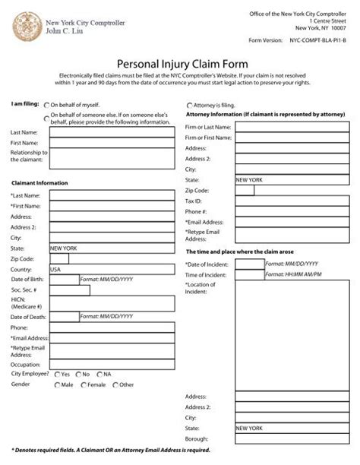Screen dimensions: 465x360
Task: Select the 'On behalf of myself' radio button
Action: [48, 106]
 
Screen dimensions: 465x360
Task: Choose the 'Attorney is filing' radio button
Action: [189, 105]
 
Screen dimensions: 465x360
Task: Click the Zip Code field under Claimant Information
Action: [58, 258]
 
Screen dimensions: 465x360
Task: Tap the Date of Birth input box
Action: [64, 280]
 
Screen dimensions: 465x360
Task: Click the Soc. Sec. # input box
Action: [64, 290]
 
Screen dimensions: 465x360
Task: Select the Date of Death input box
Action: [64, 316]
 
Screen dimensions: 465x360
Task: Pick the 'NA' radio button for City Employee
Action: [99, 375]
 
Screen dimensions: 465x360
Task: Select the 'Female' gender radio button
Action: [84, 385]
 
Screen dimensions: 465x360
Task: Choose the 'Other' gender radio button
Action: [115, 385]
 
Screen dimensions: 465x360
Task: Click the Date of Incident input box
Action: [250, 264]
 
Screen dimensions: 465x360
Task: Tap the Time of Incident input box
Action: [250, 274]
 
